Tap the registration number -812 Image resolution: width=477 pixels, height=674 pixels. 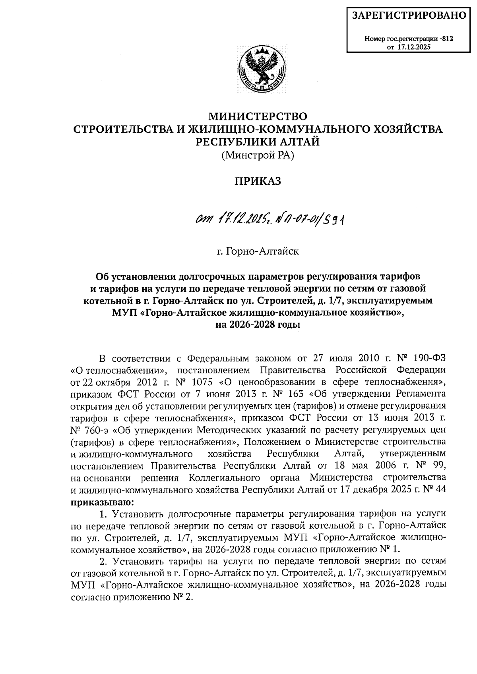[x=446, y=39]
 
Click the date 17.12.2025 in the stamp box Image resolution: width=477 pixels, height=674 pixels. [x=416, y=47]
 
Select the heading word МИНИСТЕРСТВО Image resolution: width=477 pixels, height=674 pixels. [x=258, y=117]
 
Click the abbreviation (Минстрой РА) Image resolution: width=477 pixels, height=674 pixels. [x=258, y=156]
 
